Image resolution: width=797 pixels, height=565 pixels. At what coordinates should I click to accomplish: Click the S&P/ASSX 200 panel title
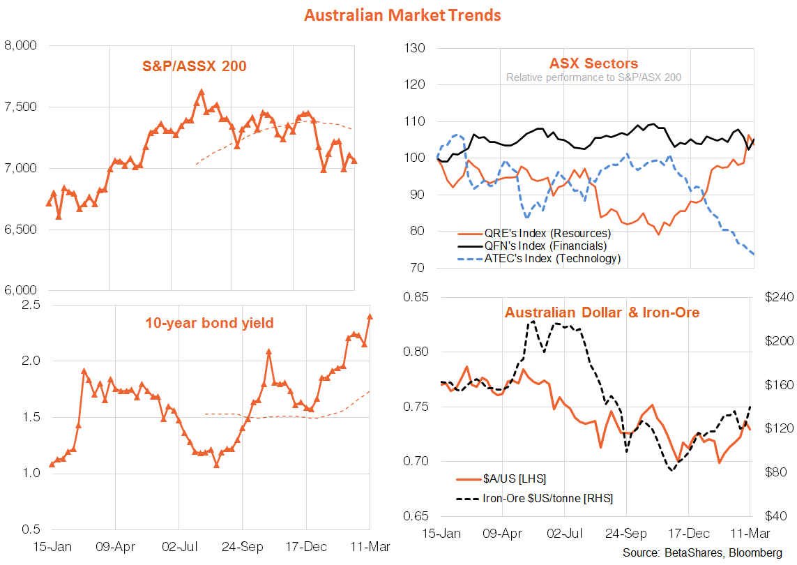point(195,67)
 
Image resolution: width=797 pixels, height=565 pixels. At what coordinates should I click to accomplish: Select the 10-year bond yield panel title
point(209,323)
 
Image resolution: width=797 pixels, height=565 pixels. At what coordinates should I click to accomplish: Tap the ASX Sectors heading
point(594,64)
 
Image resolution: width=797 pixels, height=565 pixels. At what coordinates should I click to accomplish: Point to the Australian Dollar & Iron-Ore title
point(602,312)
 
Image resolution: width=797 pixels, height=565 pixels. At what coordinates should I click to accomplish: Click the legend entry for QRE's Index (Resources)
point(547,233)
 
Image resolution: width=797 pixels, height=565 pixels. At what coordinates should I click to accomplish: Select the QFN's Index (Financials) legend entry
point(545,246)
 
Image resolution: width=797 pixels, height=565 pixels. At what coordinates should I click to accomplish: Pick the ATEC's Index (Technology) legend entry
point(551,258)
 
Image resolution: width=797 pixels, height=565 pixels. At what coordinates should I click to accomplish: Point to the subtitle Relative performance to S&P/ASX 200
point(594,77)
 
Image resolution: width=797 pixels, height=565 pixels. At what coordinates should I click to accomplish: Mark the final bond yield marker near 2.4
point(370,317)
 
